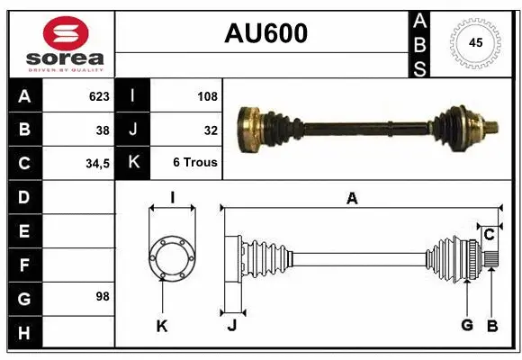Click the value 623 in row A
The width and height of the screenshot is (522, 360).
click(98, 95)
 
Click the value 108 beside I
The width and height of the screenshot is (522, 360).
click(206, 95)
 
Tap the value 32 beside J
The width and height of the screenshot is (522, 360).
click(211, 130)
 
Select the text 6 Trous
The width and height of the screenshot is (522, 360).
click(195, 164)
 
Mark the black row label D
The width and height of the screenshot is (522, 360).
click(23, 197)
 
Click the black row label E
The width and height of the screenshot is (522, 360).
click(23, 231)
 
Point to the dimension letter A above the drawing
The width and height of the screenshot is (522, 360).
click(352, 199)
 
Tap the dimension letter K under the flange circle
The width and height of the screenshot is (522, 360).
click(162, 327)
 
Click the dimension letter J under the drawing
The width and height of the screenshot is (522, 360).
click(231, 327)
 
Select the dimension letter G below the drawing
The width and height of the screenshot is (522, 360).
click(467, 325)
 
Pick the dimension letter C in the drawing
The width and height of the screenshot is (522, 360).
click(489, 235)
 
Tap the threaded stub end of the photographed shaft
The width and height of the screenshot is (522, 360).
click(493, 127)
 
